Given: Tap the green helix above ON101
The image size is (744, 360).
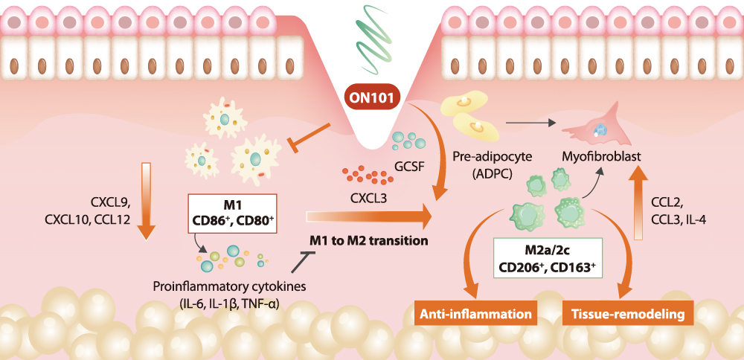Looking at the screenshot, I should (372, 33).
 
